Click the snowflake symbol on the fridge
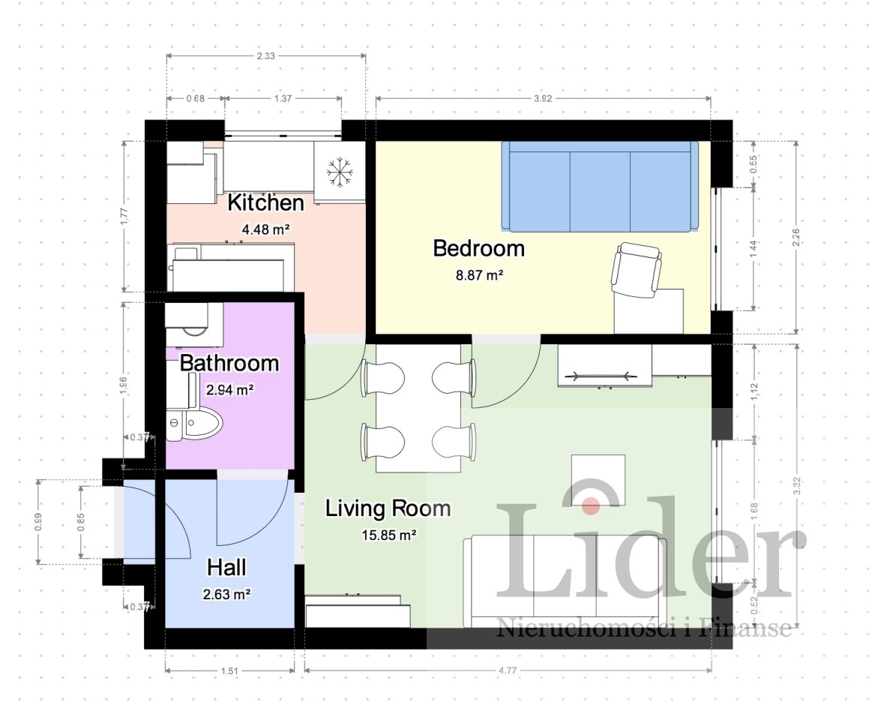340,172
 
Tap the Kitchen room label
265,202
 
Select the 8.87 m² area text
479,275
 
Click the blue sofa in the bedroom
599,186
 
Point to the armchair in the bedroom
636,269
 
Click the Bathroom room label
229,362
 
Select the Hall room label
226,567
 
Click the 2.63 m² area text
226,594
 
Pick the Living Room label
388,508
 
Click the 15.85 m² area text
389,535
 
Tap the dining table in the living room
418,408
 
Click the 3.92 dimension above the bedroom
542,98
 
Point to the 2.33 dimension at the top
265,55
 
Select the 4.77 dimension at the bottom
508,671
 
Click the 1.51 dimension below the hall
229,671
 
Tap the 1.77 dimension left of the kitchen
124,217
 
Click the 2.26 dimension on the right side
796,237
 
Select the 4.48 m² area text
265,229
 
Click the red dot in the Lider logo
591,505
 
